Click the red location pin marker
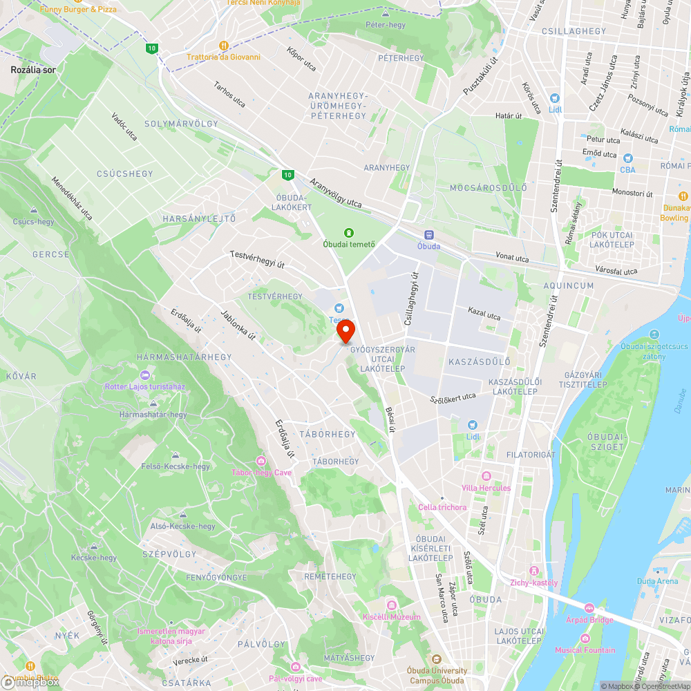345,331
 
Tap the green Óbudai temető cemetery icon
349,232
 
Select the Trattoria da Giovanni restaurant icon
223,46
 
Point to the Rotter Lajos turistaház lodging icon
144,375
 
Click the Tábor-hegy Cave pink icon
261,461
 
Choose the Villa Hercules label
486,488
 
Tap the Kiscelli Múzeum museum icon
391,606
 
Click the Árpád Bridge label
589,620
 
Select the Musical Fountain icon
585,638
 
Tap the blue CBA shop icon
627,158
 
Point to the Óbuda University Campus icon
436,659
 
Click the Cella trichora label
442,507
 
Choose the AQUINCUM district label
568,285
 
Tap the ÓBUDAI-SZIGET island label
605,442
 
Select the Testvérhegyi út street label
257,259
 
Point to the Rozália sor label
33,70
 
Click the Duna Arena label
657,581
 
